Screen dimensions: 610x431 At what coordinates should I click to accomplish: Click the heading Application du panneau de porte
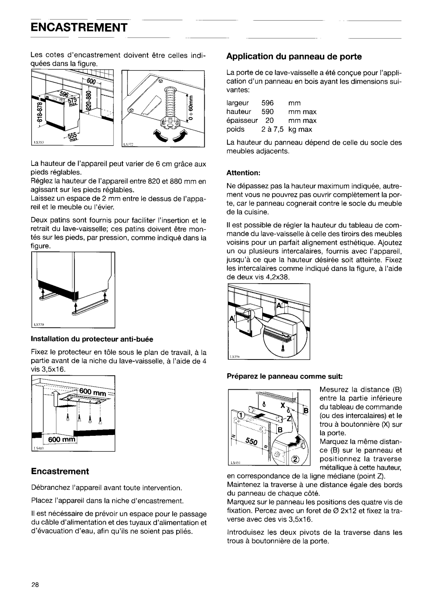tap(294, 57)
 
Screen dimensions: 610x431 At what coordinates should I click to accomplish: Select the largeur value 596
tap(268, 103)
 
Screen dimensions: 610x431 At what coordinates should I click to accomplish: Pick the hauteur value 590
tap(268, 112)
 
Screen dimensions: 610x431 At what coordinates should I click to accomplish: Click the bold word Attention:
tap(243, 173)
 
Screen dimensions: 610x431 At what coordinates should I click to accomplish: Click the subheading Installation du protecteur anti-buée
tap(92, 339)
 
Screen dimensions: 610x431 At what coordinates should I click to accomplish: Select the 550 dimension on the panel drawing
tap(252, 442)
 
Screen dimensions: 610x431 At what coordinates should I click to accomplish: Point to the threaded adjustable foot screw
tap(169, 103)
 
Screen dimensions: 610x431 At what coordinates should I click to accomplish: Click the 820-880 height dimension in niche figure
tap(89, 100)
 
